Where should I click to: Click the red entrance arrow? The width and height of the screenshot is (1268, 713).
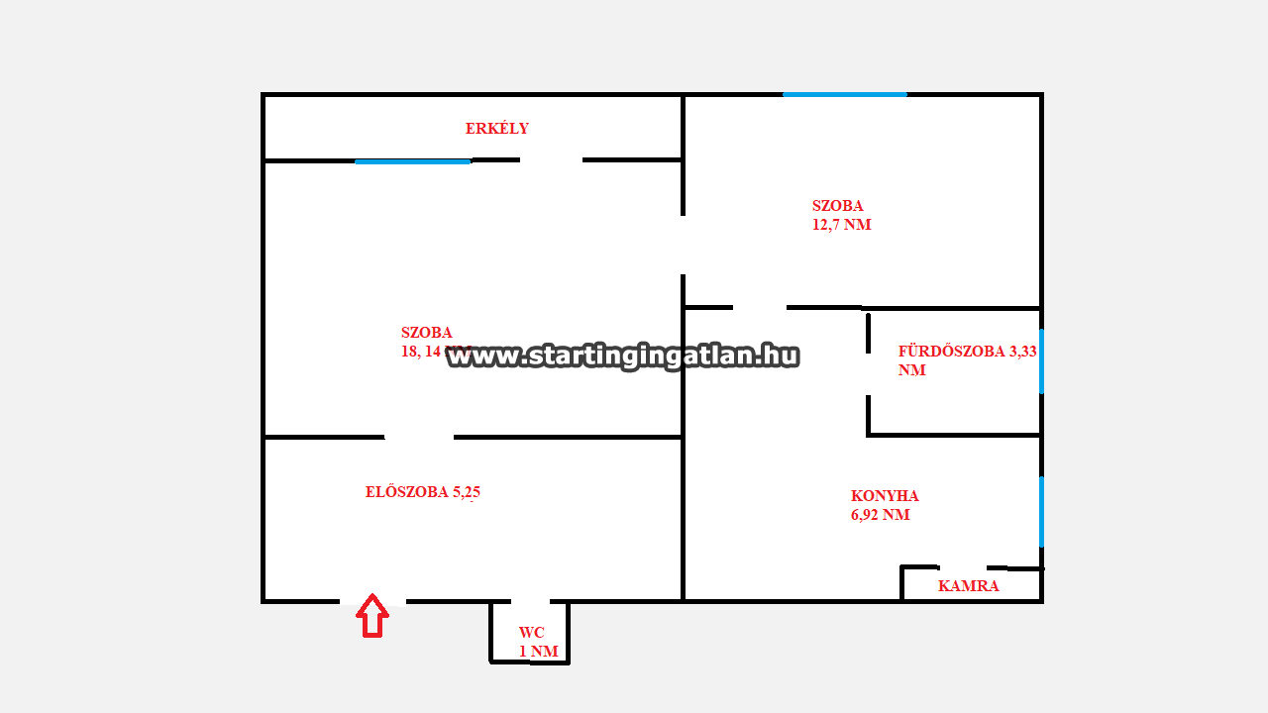click(x=372, y=615)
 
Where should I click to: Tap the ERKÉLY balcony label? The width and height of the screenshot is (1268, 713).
click(x=497, y=129)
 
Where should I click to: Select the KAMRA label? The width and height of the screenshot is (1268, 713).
click(x=969, y=586)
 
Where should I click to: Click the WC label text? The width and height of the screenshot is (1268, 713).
click(x=532, y=633)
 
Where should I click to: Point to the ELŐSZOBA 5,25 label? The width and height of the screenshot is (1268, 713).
click(x=423, y=492)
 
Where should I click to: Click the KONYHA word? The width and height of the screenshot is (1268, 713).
click(x=885, y=496)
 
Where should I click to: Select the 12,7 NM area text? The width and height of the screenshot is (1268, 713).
click(x=842, y=225)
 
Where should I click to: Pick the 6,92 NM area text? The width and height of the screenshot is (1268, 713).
click(x=881, y=515)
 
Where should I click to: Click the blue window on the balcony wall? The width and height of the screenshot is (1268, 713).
click(x=412, y=161)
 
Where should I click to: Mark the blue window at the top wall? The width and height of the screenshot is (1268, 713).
click(x=844, y=94)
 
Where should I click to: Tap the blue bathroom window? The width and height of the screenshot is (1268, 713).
click(x=1041, y=361)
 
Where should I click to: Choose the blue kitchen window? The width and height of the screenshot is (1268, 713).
click(x=1041, y=511)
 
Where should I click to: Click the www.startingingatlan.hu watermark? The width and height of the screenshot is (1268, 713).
click(x=623, y=356)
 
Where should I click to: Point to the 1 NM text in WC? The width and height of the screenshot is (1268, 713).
click(x=539, y=652)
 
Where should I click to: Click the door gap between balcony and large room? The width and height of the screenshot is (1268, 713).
click(x=551, y=159)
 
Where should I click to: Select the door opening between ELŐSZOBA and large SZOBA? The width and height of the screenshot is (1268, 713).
click(x=419, y=437)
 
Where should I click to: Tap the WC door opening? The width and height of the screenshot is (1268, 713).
click(x=530, y=601)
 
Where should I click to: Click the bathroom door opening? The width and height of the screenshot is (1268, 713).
click(x=868, y=374)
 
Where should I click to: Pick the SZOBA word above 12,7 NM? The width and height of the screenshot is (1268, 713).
click(x=838, y=206)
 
